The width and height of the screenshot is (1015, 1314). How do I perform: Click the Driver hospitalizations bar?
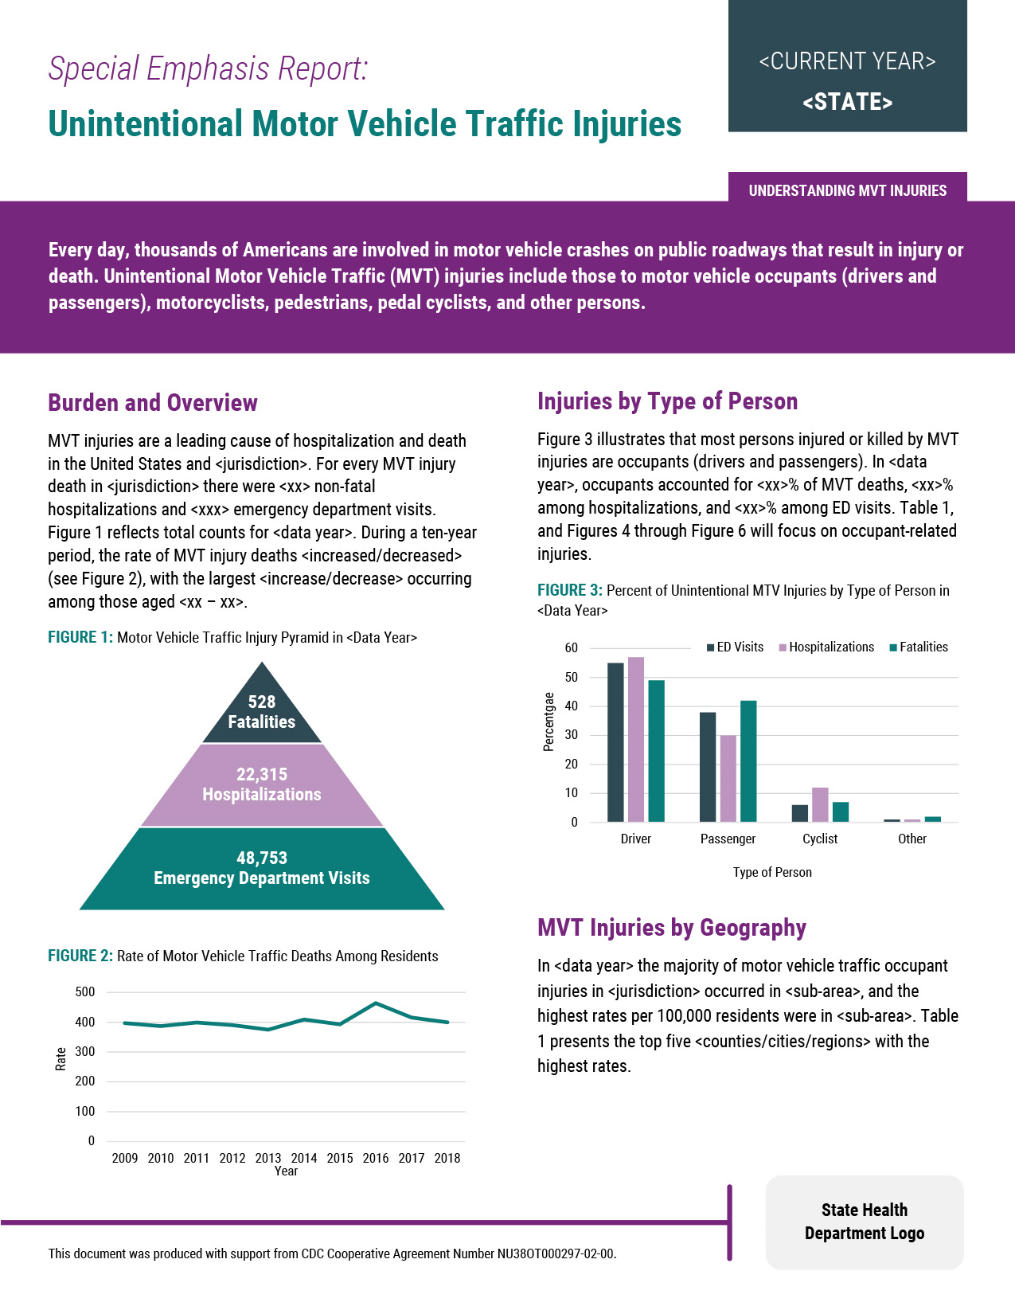pos(635,739)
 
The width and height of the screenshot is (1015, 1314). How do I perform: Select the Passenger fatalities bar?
pos(748,761)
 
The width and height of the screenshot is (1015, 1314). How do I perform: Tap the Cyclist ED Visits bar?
pos(799,813)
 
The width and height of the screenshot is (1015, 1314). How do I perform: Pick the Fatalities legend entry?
pos(919,647)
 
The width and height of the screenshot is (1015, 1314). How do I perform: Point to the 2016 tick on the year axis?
pos(376,1158)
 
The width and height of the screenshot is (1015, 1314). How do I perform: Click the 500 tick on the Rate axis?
pos(85,992)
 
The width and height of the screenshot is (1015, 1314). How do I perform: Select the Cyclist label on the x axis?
pos(820,839)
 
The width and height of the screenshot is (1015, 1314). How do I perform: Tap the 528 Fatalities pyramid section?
pos(261,712)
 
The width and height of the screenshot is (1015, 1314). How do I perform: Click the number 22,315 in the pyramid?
pos(261,774)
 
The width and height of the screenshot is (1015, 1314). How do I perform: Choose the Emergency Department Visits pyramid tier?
pos(261,869)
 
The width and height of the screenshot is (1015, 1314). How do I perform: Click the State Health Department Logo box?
pos(864,1222)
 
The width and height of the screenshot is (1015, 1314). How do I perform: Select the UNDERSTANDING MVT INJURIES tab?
pos(847,190)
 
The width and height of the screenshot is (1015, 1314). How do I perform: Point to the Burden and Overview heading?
pos(153,403)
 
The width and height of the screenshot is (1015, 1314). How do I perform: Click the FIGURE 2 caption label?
pos(80,956)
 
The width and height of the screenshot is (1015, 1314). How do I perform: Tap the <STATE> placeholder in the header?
pos(847,103)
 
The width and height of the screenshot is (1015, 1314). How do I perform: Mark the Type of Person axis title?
pos(772,872)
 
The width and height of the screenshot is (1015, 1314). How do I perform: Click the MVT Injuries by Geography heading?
pos(671,928)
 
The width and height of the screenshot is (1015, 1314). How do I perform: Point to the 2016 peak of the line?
pos(376,1003)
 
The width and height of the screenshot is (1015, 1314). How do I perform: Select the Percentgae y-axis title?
pos(548,722)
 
